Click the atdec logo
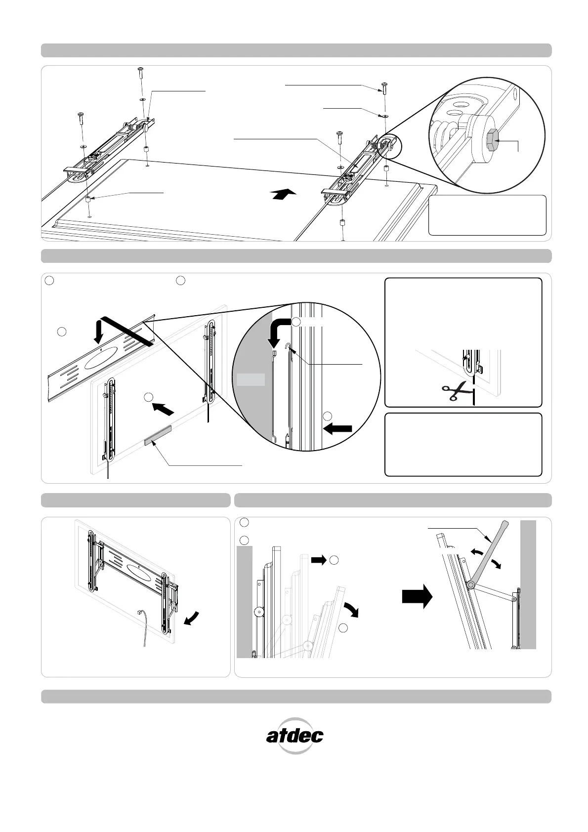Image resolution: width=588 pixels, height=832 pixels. coord(295,736)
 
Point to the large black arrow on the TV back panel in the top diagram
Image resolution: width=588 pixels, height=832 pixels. coord(284,194)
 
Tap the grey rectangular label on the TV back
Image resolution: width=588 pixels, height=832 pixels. coord(158,436)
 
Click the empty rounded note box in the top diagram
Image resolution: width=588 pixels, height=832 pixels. coord(487,215)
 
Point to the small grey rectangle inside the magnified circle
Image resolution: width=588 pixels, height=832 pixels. coord(251,379)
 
